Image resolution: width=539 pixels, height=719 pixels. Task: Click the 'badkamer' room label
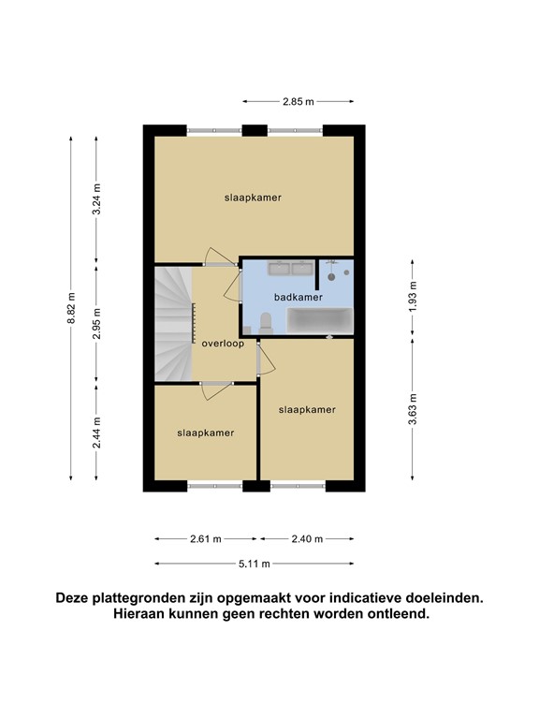[x=299, y=297]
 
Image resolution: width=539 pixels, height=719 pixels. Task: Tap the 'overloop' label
[x=223, y=344]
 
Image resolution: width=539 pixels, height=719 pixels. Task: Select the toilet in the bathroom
[x=267, y=324]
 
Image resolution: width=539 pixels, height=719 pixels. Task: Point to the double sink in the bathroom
[x=290, y=270]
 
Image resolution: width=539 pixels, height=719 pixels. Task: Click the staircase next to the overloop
[x=172, y=323]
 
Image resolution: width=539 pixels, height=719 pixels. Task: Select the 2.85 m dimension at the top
[x=298, y=101]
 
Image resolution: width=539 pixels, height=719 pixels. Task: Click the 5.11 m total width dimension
[x=253, y=564]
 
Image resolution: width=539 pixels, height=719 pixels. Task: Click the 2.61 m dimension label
[x=206, y=539]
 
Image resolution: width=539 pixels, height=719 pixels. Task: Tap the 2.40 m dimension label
[x=306, y=539]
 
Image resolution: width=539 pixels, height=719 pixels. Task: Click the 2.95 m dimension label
[x=96, y=322]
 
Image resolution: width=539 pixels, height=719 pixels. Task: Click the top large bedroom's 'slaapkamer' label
[x=253, y=198]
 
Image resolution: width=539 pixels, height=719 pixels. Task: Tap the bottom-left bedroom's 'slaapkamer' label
[x=205, y=433]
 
